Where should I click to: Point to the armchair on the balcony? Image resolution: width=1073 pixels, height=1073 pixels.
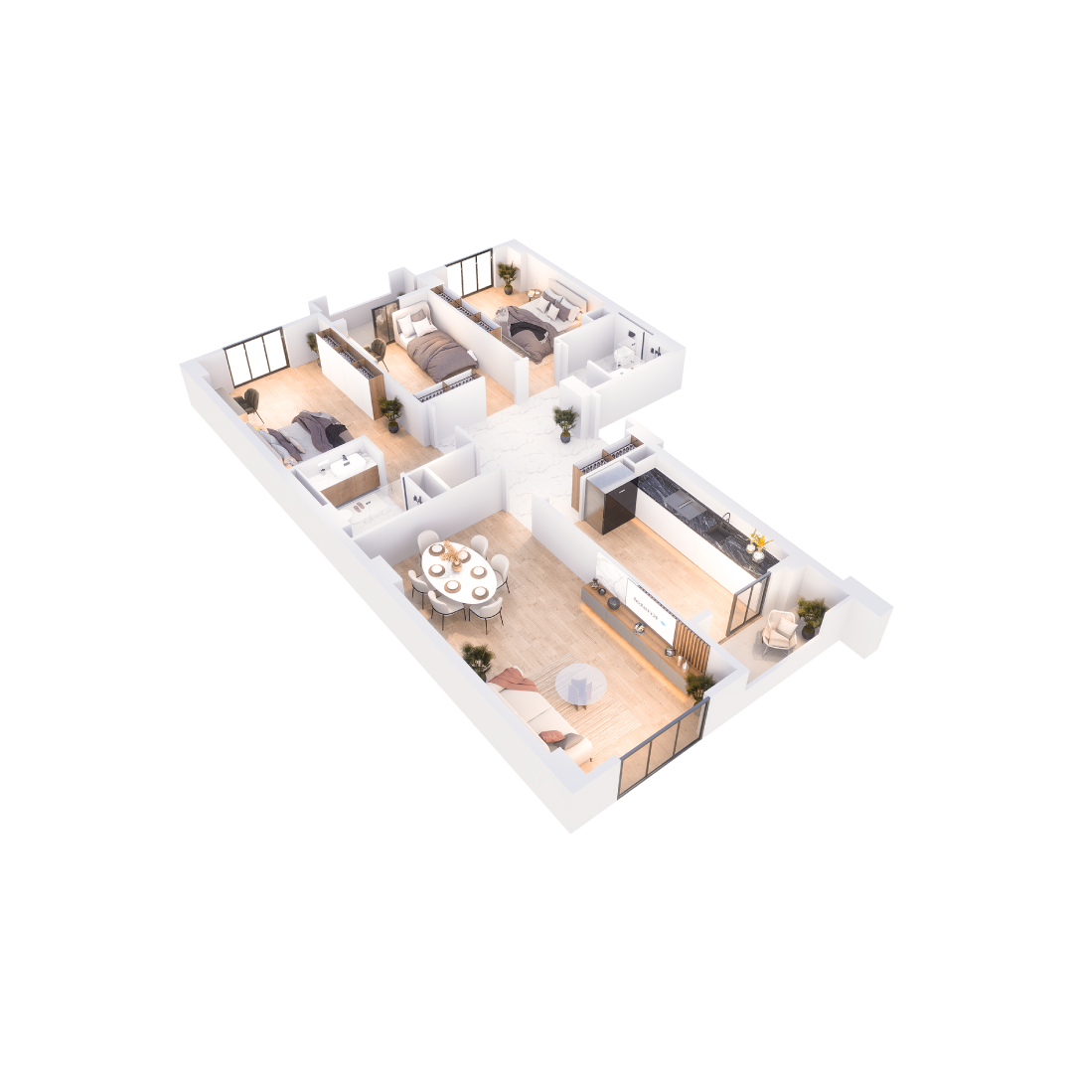point(779,628)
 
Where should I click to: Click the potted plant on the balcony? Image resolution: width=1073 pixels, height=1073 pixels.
point(811,613)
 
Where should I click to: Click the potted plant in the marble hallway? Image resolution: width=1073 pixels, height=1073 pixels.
point(565,420)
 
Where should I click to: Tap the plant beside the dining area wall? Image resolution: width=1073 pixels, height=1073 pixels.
point(477,657)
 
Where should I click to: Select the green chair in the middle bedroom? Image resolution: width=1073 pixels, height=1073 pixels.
point(378,349)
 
